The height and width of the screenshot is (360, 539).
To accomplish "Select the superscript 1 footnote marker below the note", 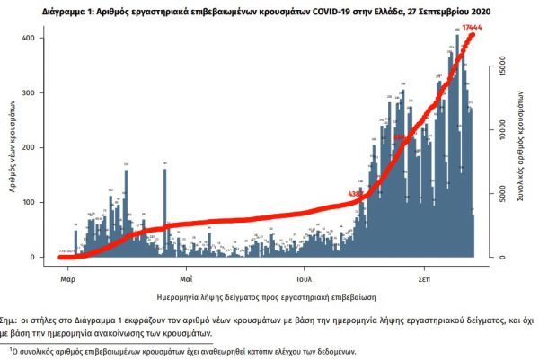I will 13,348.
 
